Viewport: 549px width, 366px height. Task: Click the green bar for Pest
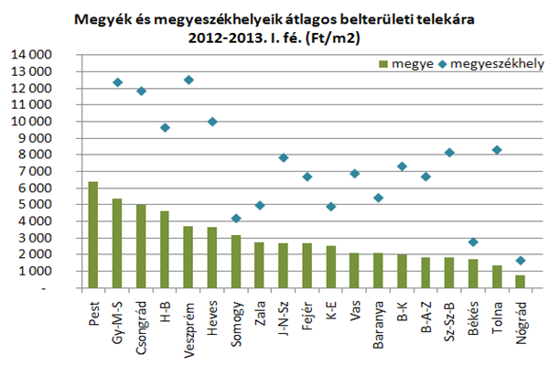click(92, 234)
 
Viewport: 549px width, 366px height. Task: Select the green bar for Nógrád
click(521, 282)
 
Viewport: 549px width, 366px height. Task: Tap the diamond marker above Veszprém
click(188, 81)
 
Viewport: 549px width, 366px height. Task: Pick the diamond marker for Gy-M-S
click(117, 82)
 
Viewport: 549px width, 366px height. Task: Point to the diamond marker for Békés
click(473, 242)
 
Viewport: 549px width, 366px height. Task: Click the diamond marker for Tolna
click(497, 150)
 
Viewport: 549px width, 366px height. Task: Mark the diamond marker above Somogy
click(236, 218)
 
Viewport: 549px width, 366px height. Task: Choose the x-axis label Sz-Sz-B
click(449, 320)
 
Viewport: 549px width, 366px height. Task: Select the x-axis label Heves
click(212, 315)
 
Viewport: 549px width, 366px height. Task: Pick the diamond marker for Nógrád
click(521, 261)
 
